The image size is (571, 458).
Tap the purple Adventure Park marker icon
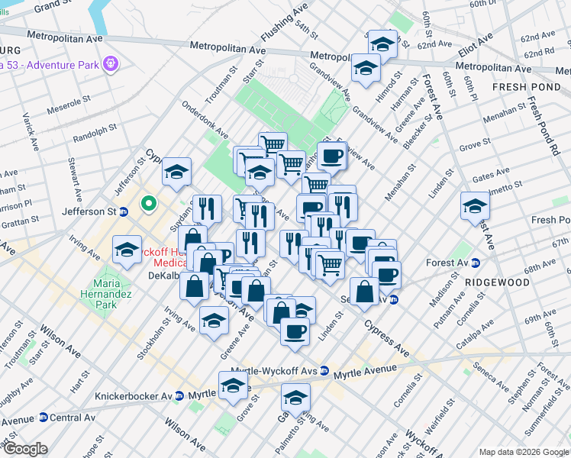111,61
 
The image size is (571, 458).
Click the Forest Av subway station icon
476,263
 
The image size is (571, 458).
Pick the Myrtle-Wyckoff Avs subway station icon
324,371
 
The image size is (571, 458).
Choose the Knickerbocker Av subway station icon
179,396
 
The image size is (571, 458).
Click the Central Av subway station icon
44,418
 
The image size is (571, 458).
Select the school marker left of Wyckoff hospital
127,249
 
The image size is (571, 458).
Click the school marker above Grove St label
234,386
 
